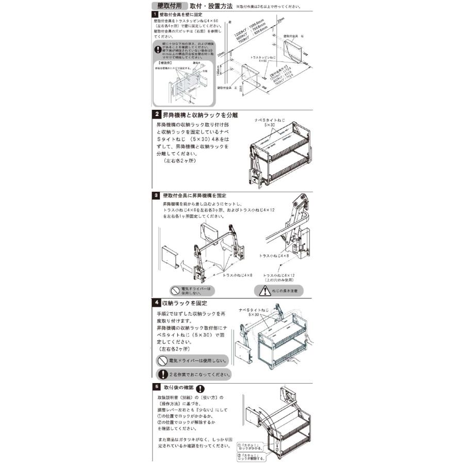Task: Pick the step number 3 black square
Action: pyautogui.click(x=156, y=195)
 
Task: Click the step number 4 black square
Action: pyautogui.click(x=156, y=303)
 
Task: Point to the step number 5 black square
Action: pyautogui.click(x=156, y=386)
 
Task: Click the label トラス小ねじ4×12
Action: pyautogui.click(x=279, y=277)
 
